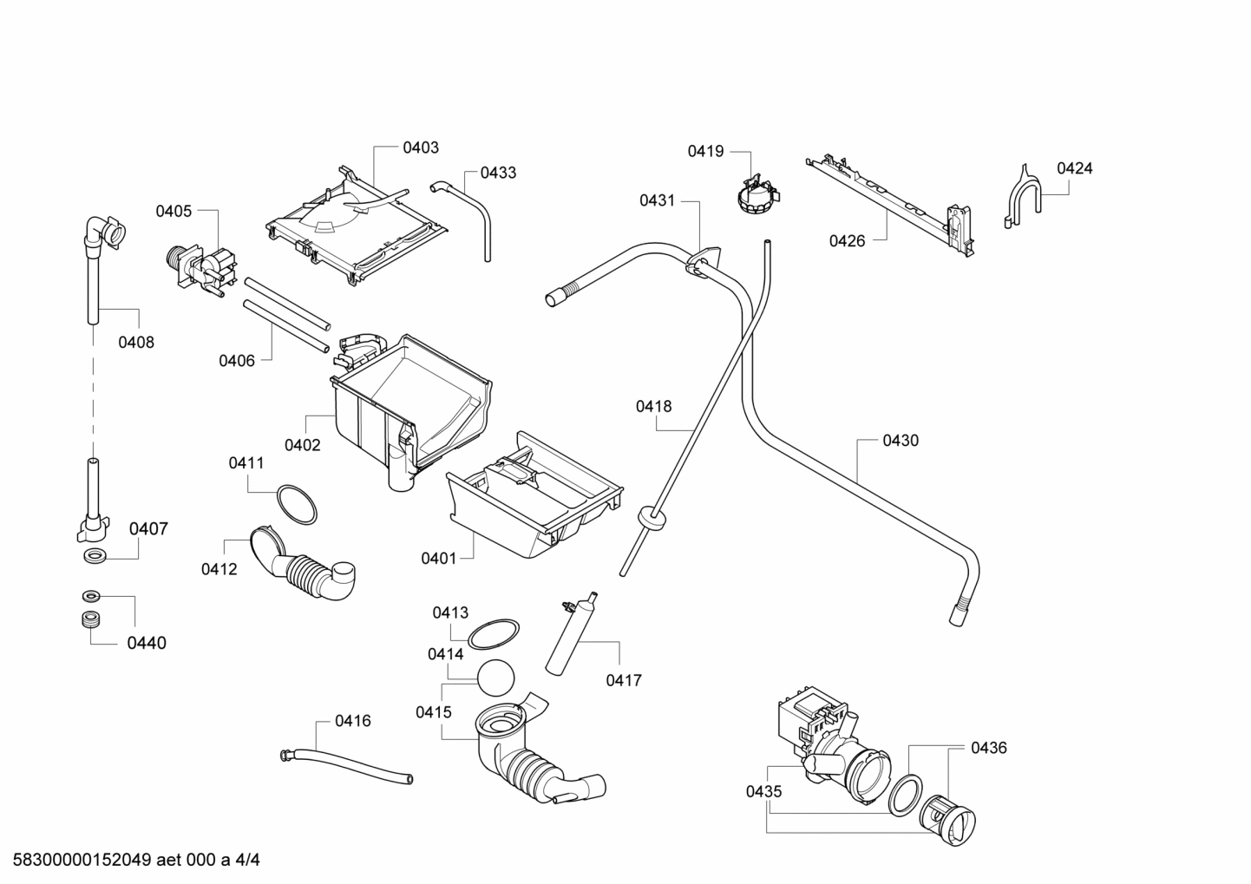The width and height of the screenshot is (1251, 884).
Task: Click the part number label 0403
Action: click(x=421, y=147)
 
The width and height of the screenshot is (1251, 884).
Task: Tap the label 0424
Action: click(x=1074, y=168)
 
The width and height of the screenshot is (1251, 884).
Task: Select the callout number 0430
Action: click(x=901, y=441)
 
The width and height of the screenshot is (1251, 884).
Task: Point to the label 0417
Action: click(x=624, y=680)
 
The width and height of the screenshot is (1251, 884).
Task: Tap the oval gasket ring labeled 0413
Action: click(x=494, y=633)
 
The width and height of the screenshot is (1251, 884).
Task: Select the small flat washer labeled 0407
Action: click(x=92, y=555)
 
